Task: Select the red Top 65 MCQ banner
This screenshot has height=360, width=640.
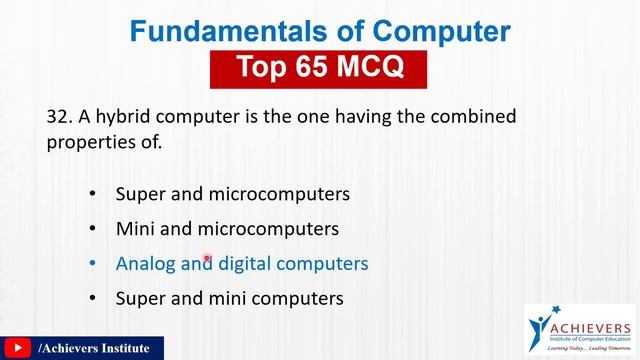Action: pos(320,68)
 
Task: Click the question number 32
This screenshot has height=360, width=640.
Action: pos(57,117)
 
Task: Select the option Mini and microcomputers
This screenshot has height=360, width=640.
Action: pos(227,228)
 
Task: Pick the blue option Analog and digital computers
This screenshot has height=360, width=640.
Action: pos(242,264)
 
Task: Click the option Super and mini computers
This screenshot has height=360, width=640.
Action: pos(230,298)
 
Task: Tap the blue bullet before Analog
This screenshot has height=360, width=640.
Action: pos(93,264)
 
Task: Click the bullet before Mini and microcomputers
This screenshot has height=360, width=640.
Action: pos(93,228)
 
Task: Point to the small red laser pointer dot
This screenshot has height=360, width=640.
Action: pos(207,258)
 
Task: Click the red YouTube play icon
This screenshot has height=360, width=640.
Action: pos(17,348)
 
